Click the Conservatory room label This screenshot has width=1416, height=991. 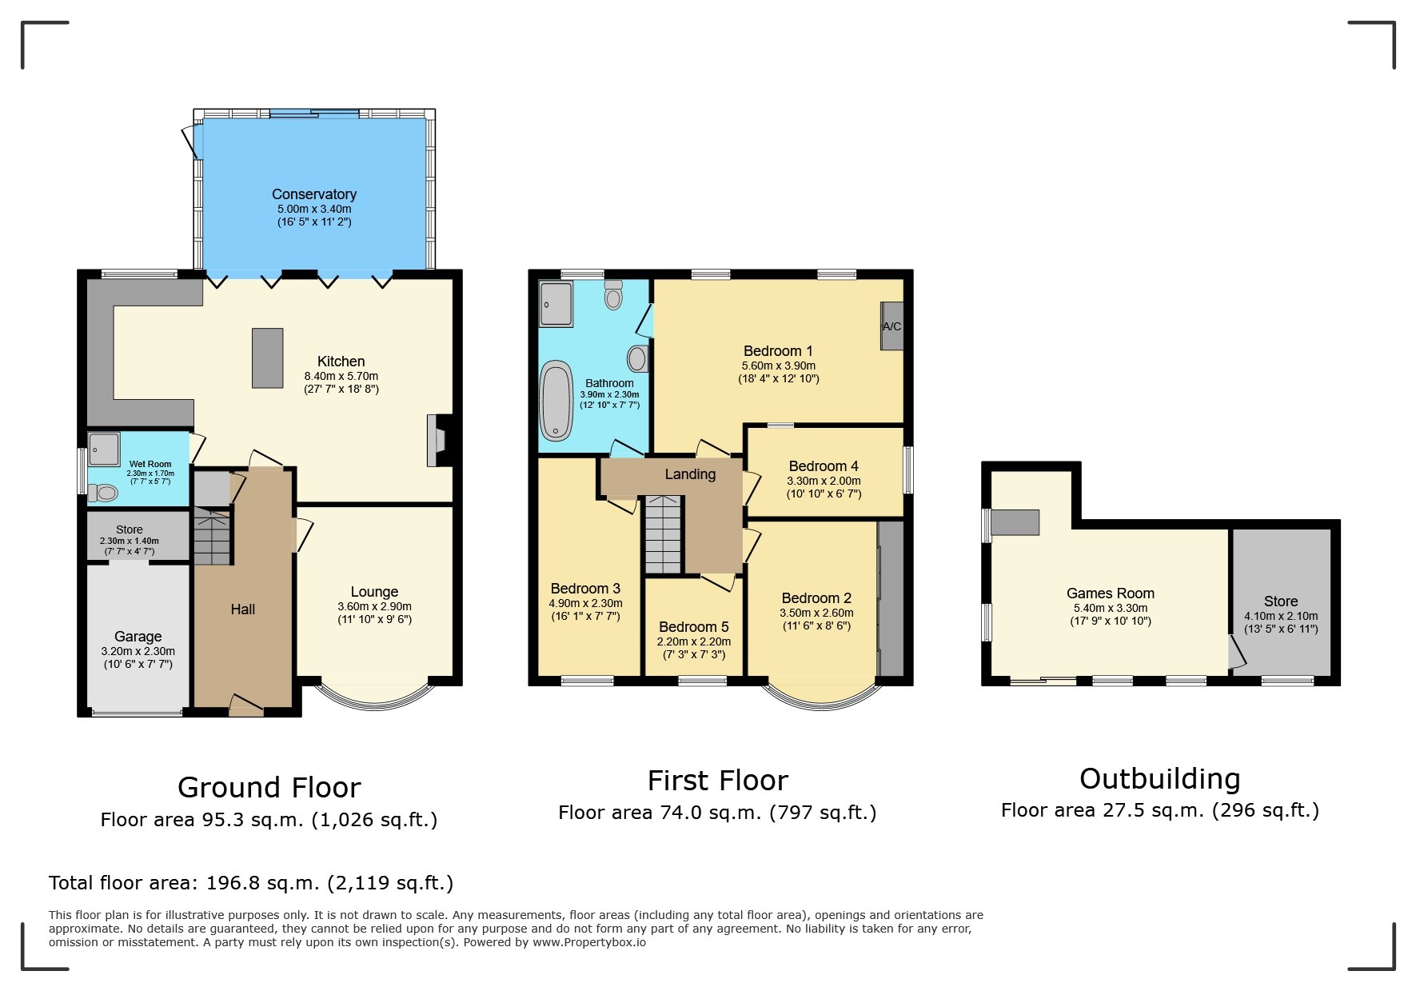coord(313,194)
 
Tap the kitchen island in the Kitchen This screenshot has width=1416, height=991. coord(268,358)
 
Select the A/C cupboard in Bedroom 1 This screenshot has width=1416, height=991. coord(891,326)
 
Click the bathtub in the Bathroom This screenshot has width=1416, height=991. coord(556,401)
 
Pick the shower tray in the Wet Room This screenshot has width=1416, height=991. coord(104,449)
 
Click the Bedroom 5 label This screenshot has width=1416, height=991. coord(693,627)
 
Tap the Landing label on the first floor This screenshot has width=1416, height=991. coord(690,474)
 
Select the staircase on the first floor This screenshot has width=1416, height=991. coord(663,533)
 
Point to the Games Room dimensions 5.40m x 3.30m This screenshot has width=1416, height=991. coord(1110,608)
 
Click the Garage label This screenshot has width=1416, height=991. coord(138,637)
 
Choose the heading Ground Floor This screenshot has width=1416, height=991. coord(269,788)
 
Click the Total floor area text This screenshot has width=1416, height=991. coord(251,883)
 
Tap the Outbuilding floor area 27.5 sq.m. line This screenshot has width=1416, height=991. coord(1159,810)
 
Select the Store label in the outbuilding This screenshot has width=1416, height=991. coord(1280,601)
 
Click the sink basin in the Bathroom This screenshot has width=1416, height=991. coord(636,358)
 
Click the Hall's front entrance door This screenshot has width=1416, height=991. coord(246,705)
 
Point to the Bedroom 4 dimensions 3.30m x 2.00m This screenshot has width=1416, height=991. coord(824,482)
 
